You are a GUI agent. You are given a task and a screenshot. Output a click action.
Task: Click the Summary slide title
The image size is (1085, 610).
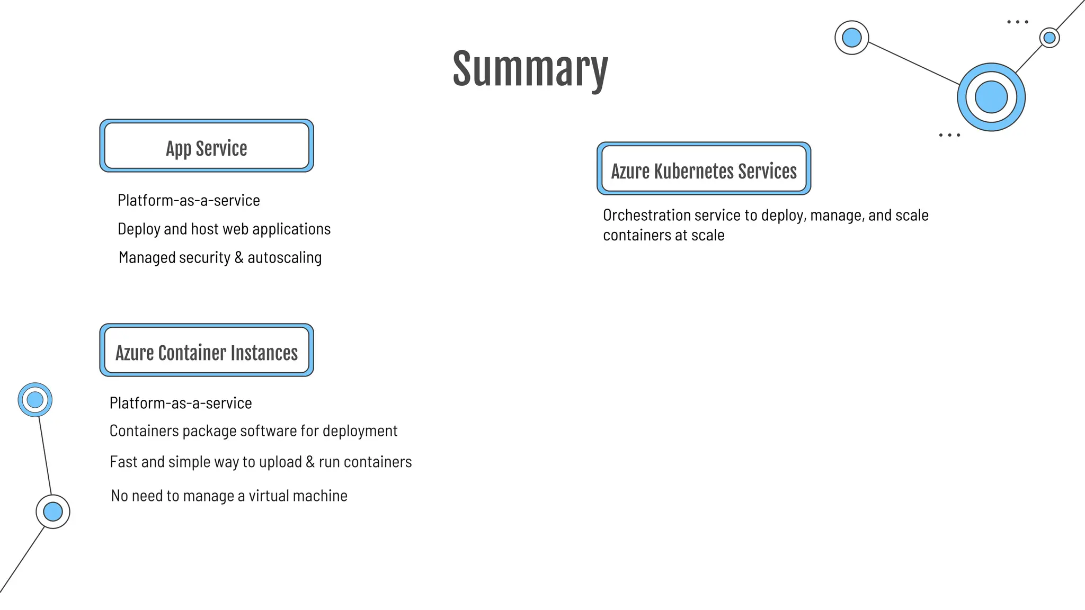pyautogui.click(x=530, y=69)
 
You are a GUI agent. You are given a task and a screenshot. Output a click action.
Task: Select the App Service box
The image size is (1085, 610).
pyautogui.click(x=207, y=146)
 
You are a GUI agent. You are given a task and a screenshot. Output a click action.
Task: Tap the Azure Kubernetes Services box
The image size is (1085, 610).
pyautogui.click(x=704, y=169)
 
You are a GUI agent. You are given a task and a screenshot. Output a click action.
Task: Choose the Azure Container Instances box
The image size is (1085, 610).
pyautogui.click(x=207, y=351)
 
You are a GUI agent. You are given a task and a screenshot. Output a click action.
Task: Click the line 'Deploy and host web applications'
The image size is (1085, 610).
pyautogui.click(x=224, y=229)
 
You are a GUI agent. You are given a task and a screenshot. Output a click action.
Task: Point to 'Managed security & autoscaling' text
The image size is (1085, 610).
pyautogui.click(x=220, y=258)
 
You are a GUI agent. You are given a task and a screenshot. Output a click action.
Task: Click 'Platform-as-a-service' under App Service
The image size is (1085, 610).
pyautogui.click(x=189, y=201)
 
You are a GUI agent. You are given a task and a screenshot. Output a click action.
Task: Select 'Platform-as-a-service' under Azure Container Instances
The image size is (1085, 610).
pyautogui.click(x=181, y=403)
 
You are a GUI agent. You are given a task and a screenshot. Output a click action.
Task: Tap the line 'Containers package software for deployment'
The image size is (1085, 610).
pyautogui.click(x=253, y=431)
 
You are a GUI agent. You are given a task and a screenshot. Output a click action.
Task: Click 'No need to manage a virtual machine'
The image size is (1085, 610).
pyautogui.click(x=229, y=496)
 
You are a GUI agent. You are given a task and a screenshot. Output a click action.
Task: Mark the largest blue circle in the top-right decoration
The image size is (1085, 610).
pyautogui.click(x=991, y=97)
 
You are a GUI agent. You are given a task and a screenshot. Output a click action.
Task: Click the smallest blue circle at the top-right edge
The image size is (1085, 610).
pyautogui.click(x=1049, y=38)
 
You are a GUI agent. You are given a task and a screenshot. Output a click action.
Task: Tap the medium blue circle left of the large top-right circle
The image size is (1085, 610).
pyautogui.click(x=851, y=38)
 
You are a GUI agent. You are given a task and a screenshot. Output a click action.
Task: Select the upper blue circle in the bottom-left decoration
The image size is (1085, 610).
pyautogui.click(x=35, y=400)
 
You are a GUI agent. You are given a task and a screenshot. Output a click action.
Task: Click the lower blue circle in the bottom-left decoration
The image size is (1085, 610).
pyautogui.click(x=53, y=512)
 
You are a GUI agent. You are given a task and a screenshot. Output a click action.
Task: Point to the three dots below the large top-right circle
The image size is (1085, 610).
pyautogui.click(x=949, y=136)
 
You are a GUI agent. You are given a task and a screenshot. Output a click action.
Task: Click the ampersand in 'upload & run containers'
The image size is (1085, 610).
pyautogui.click(x=310, y=462)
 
